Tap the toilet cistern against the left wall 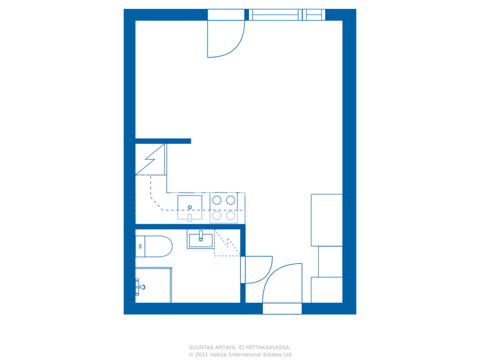pyautogui.click(x=140, y=246)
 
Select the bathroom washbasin pyautogui.click(x=201, y=240)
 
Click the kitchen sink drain pyautogui.click(x=190, y=207)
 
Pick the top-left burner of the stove pyautogui.click(x=217, y=200)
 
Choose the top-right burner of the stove pyautogui.click(x=231, y=200)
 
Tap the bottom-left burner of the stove pyautogui.click(x=217, y=215)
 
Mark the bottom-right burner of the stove pyautogui.click(x=231, y=215)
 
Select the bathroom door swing pyautogui.click(x=258, y=270)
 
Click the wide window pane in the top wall pyautogui.click(x=275, y=15)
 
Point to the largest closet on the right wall pyautogui.click(x=327, y=220)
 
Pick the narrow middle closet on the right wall pyautogui.click(x=330, y=262)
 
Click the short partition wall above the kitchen pyautogui.click(x=163, y=141)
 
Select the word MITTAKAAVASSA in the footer pyautogui.click(x=268, y=348)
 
